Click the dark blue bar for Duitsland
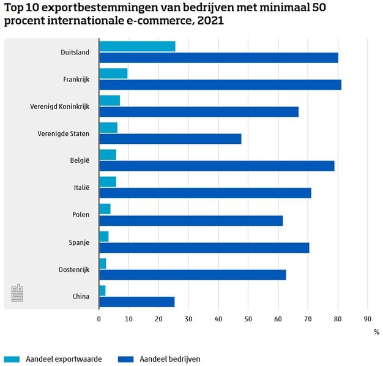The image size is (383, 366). pyautogui.click(x=218, y=58)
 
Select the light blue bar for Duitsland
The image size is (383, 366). pyautogui.click(x=137, y=47)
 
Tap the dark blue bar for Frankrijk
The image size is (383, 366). pyautogui.click(x=220, y=84)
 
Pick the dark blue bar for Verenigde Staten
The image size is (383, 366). pyautogui.click(x=170, y=138)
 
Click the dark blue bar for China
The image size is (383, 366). pyautogui.click(x=136, y=302)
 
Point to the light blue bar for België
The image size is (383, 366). pyautogui.click(x=108, y=154)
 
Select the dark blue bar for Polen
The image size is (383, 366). pyautogui.click(x=191, y=220)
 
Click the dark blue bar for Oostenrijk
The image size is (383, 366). pyautogui.click(x=192, y=275)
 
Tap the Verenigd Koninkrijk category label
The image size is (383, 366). pyautogui.click(x=59, y=106)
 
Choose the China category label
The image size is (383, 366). pyautogui.click(x=80, y=296)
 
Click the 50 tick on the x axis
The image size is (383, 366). pyautogui.click(x=248, y=319)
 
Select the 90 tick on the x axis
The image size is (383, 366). pyautogui.click(x=367, y=319)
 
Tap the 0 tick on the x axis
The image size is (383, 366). pyautogui.click(x=99, y=319)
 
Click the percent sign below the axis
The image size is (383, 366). pyautogui.click(x=376, y=332)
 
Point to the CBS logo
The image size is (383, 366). pyautogui.click(x=17, y=293)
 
